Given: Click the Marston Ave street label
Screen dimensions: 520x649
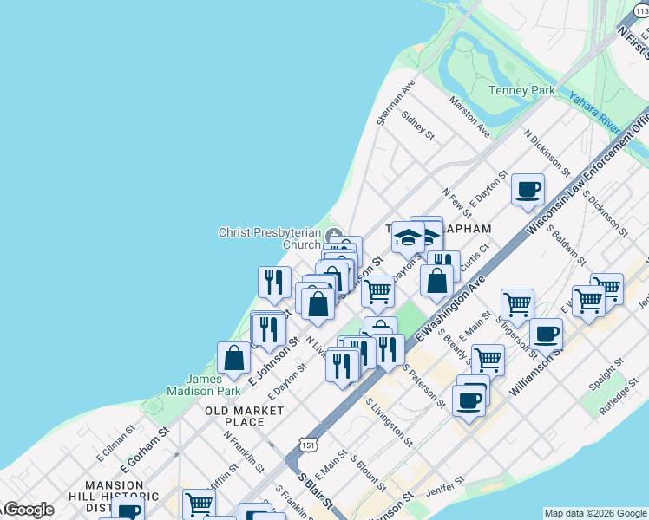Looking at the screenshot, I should (469, 116).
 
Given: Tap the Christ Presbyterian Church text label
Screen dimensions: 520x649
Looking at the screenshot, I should (269, 238).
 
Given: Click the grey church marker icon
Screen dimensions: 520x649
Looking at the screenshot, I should (335, 233).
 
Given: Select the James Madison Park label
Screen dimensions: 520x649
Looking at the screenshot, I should (206, 385).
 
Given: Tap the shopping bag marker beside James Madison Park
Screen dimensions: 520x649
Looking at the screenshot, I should (234, 358).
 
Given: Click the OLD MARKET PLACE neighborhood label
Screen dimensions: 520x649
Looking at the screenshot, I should (245, 416).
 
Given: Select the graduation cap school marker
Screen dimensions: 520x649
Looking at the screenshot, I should (408, 237).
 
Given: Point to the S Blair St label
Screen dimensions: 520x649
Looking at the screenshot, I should (316, 491).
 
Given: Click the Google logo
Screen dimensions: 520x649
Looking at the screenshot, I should (28, 510).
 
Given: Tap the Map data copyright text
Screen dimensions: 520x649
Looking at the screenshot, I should (593, 513).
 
